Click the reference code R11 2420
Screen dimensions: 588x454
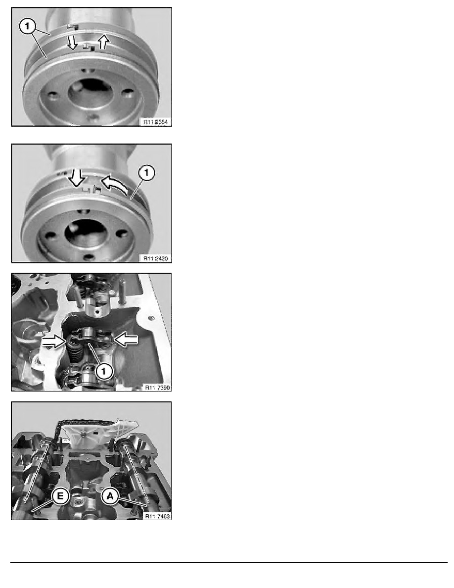pos(155,258)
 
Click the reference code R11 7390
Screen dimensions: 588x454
pos(155,387)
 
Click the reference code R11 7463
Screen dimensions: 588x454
pos(155,515)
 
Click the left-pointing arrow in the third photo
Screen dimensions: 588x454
pos(128,339)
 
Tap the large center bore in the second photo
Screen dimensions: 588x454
pos(90,232)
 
